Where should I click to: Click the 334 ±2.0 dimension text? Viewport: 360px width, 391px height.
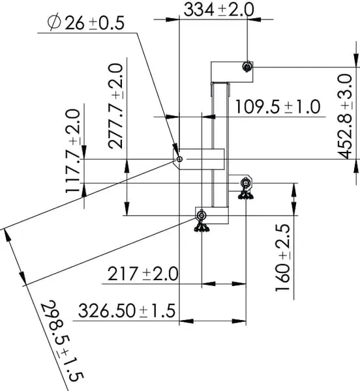[218, 10]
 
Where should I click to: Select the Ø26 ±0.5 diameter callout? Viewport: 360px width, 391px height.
[86, 23]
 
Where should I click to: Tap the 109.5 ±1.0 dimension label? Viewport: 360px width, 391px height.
[278, 107]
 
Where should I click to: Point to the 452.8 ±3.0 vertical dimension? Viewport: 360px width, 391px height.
[345, 116]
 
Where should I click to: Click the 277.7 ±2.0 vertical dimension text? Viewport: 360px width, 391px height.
[115, 106]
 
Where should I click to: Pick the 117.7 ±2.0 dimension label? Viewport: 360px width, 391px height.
[73, 151]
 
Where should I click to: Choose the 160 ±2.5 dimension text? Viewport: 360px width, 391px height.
[282, 257]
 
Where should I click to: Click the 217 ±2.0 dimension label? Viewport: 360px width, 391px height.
[143, 274]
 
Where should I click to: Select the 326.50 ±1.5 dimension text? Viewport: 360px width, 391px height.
[127, 310]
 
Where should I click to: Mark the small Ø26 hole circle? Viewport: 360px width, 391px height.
[179, 159]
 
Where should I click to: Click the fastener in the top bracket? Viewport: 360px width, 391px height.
[247, 66]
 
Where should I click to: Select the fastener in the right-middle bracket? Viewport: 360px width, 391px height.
[246, 182]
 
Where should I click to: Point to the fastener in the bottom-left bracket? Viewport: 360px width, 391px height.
[202, 215]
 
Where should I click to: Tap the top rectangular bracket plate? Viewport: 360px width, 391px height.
[232, 72]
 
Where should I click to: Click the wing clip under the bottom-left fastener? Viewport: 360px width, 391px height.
[202, 226]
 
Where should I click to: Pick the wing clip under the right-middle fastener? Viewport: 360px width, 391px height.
[246, 194]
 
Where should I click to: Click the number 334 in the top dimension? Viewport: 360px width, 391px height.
[199, 10]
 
